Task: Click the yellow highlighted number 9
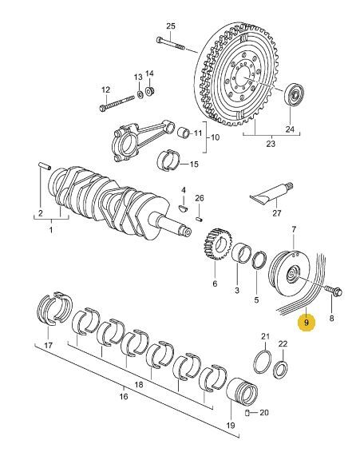307,323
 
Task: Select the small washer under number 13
140,94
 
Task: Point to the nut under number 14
150,92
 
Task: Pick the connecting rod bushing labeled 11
183,133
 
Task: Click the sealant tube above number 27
271,194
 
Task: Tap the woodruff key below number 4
183,208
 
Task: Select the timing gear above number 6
218,244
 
